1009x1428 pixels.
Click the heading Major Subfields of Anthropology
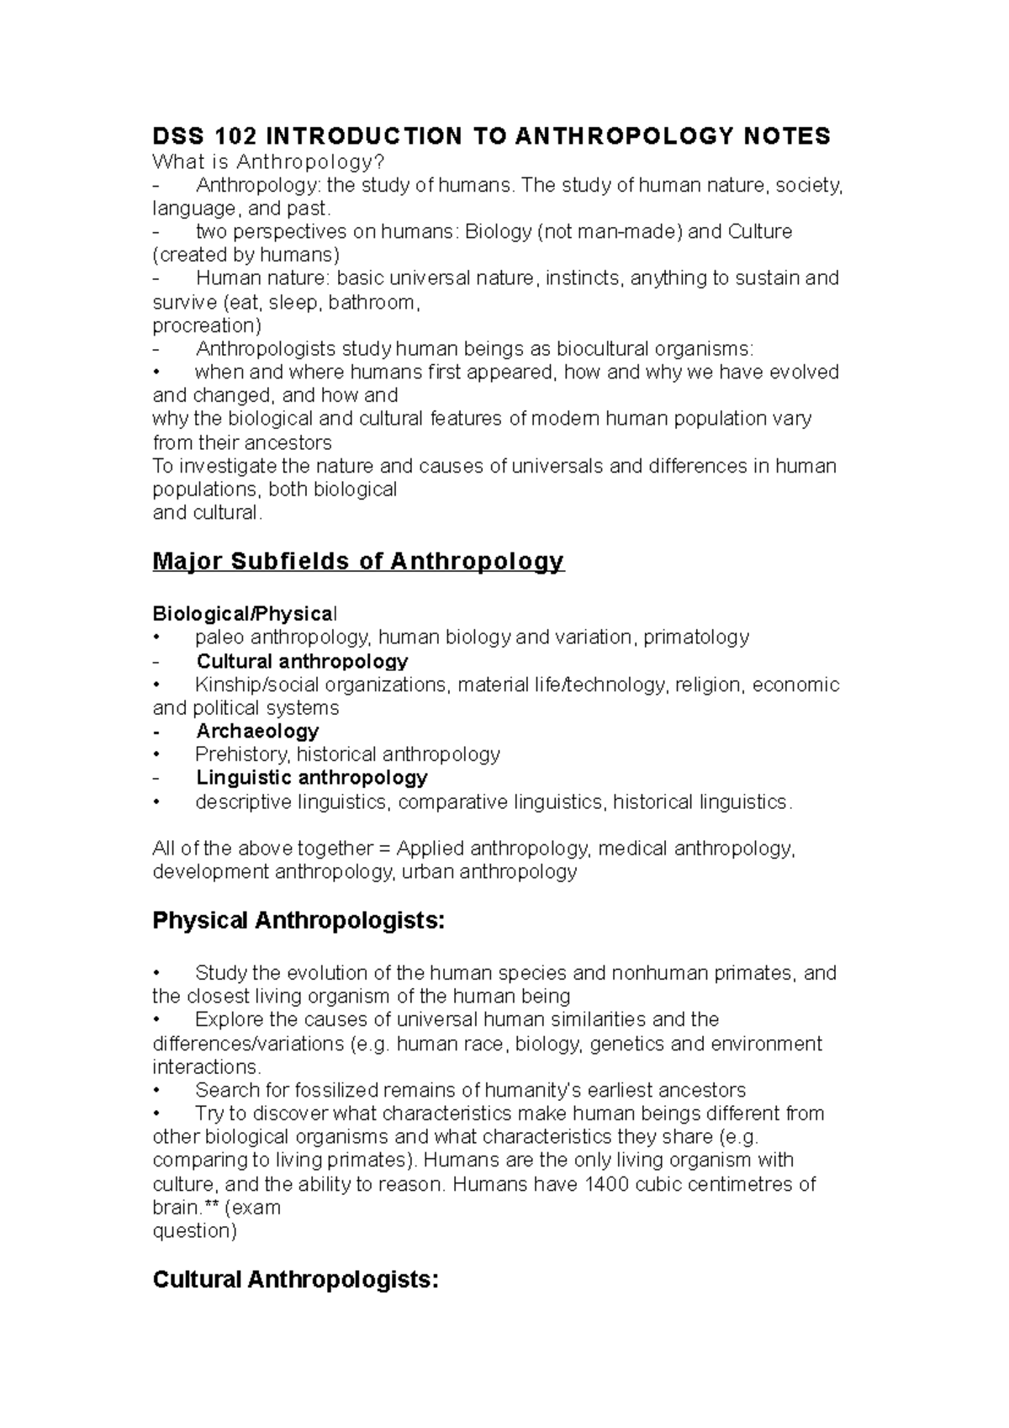click(358, 561)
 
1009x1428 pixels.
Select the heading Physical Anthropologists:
click(298, 921)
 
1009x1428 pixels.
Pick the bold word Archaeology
click(257, 731)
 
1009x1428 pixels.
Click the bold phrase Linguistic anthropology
click(312, 777)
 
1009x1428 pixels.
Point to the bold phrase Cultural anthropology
click(302, 661)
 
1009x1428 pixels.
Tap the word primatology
click(696, 637)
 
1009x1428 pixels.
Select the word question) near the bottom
click(194, 1231)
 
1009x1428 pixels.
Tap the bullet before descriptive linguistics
click(156, 802)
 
